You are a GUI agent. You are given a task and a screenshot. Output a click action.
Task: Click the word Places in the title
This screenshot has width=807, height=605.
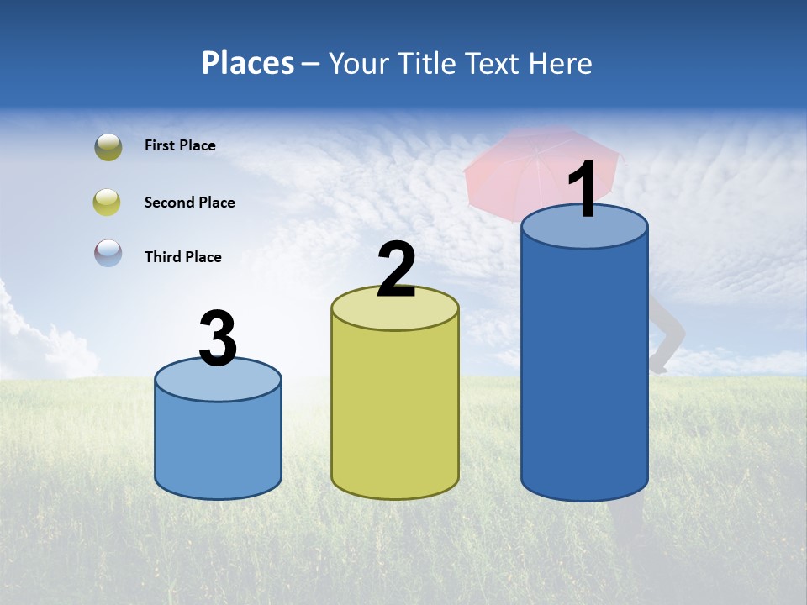coord(248,63)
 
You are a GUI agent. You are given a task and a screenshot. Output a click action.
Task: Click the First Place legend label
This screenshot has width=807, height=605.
coord(180,145)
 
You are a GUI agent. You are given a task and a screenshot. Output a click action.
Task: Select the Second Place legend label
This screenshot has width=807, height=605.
coord(189,203)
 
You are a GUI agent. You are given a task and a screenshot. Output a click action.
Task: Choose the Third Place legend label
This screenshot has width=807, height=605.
coord(182,257)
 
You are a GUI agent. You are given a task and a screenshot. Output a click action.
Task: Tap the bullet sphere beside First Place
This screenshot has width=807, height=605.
coord(108,147)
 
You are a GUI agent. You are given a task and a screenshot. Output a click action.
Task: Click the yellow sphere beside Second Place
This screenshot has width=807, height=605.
coord(108,203)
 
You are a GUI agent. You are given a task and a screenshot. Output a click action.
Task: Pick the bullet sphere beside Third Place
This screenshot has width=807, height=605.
coord(108,253)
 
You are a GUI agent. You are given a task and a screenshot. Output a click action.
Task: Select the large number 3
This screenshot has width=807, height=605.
coord(218,339)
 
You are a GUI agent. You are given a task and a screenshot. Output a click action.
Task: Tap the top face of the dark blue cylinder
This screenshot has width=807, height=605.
coord(584,235)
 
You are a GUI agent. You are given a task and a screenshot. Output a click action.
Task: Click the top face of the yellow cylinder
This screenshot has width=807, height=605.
coord(395,314)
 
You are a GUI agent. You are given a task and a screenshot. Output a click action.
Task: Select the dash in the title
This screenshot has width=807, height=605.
coord(311,64)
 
